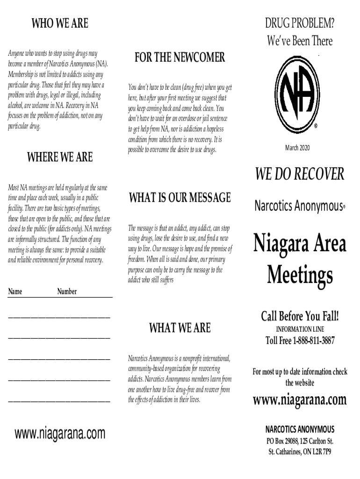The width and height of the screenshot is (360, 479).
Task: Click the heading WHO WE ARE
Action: (x=59, y=23)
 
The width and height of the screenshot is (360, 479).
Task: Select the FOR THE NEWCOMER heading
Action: (x=180, y=58)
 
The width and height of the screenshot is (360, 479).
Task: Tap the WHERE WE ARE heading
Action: (x=60, y=157)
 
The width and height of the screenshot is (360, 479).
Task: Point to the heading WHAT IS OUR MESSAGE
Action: (x=180, y=197)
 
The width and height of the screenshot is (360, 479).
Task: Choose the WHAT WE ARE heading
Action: (x=180, y=328)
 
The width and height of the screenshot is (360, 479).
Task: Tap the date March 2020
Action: (x=300, y=148)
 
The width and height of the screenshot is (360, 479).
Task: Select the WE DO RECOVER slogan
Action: (x=300, y=174)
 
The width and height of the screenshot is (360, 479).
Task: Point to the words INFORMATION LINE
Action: (x=300, y=329)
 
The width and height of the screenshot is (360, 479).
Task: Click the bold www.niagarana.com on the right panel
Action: (x=300, y=400)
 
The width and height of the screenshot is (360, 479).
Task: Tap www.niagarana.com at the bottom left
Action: (x=60, y=434)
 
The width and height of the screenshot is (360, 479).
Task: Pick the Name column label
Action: (x=15, y=291)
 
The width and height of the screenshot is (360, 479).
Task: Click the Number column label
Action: (x=67, y=291)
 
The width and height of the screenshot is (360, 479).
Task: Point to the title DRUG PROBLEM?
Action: (x=300, y=23)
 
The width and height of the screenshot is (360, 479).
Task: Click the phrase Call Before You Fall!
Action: (x=300, y=317)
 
